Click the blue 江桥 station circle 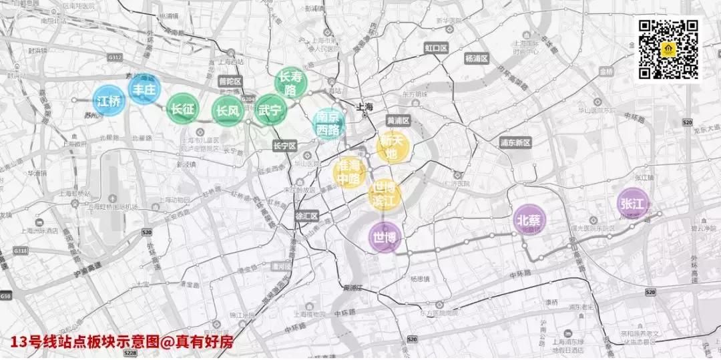[109, 102]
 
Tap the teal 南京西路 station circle [329, 124]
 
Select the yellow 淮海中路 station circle [349, 173]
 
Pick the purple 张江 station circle [633, 204]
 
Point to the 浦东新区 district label [515, 142]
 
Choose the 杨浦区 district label [477, 59]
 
